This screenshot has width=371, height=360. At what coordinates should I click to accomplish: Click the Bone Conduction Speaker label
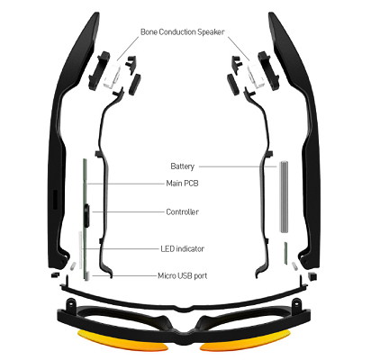(x=182, y=32)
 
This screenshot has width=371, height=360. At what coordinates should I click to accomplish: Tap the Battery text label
(x=182, y=166)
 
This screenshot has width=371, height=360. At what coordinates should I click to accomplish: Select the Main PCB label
(x=182, y=183)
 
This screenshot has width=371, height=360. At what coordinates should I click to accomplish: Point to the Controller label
(x=182, y=211)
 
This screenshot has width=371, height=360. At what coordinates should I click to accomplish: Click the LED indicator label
(x=182, y=248)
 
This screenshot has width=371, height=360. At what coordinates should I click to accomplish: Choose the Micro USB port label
(x=182, y=275)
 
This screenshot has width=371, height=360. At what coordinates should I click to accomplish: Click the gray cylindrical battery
(x=284, y=197)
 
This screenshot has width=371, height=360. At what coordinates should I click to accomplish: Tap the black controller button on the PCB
(x=87, y=216)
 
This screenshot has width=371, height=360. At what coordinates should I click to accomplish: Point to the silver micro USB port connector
(x=86, y=276)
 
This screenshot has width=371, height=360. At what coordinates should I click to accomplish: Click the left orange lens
(x=122, y=341)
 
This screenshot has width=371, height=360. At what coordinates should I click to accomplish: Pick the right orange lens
(x=245, y=341)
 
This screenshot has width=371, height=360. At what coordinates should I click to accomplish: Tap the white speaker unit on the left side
(x=111, y=75)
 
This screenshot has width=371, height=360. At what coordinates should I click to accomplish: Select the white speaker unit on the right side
(x=256, y=75)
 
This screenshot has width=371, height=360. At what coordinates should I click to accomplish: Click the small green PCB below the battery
(x=285, y=254)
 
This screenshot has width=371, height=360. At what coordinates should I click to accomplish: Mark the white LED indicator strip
(x=80, y=250)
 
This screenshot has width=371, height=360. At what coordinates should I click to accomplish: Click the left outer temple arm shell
(x=70, y=144)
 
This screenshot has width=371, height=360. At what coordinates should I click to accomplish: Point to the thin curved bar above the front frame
(x=184, y=306)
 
